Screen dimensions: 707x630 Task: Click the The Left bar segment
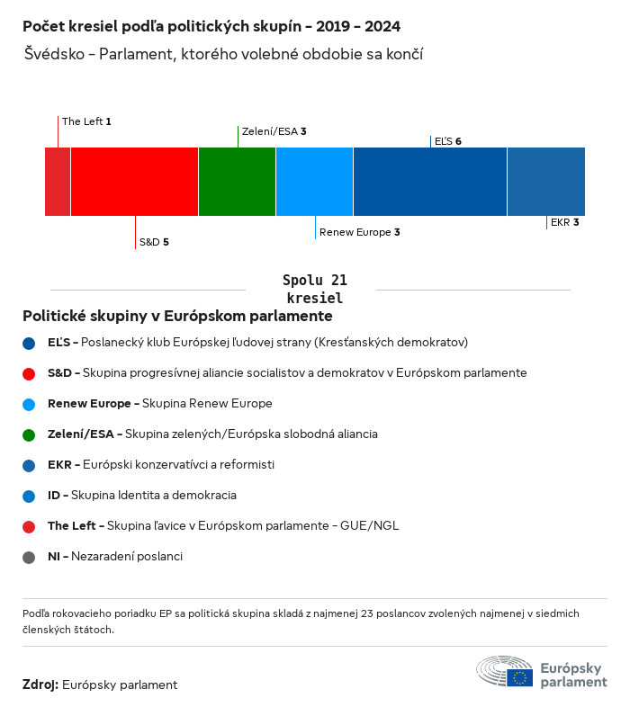tap(58, 182)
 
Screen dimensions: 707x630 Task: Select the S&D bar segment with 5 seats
tap(134, 182)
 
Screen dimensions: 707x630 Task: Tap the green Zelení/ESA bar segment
tap(237, 182)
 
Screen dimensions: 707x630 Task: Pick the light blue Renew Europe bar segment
tap(314, 182)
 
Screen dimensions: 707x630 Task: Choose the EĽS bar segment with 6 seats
tap(430, 182)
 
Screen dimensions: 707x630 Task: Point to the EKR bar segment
tap(546, 182)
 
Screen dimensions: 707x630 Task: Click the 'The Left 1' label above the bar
tap(86, 121)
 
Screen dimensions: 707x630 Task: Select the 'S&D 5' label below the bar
tap(154, 242)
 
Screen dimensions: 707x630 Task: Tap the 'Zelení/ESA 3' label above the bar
tap(274, 131)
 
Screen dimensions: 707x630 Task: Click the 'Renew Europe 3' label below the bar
tap(359, 232)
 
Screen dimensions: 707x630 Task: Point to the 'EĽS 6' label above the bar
tap(447, 141)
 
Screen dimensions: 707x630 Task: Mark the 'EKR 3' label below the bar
tap(564, 222)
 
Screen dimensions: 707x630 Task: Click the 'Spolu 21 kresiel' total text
tap(314, 289)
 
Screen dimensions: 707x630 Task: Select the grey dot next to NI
tap(30, 557)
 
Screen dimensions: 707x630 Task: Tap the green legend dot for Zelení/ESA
tap(30, 434)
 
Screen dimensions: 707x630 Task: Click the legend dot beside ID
tap(30, 496)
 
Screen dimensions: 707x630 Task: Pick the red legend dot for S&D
tap(30, 373)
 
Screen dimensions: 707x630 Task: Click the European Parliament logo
tap(542, 674)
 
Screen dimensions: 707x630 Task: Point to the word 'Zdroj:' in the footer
tap(40, 685)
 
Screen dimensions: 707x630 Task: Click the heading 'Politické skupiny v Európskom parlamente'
tap(177, 317)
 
